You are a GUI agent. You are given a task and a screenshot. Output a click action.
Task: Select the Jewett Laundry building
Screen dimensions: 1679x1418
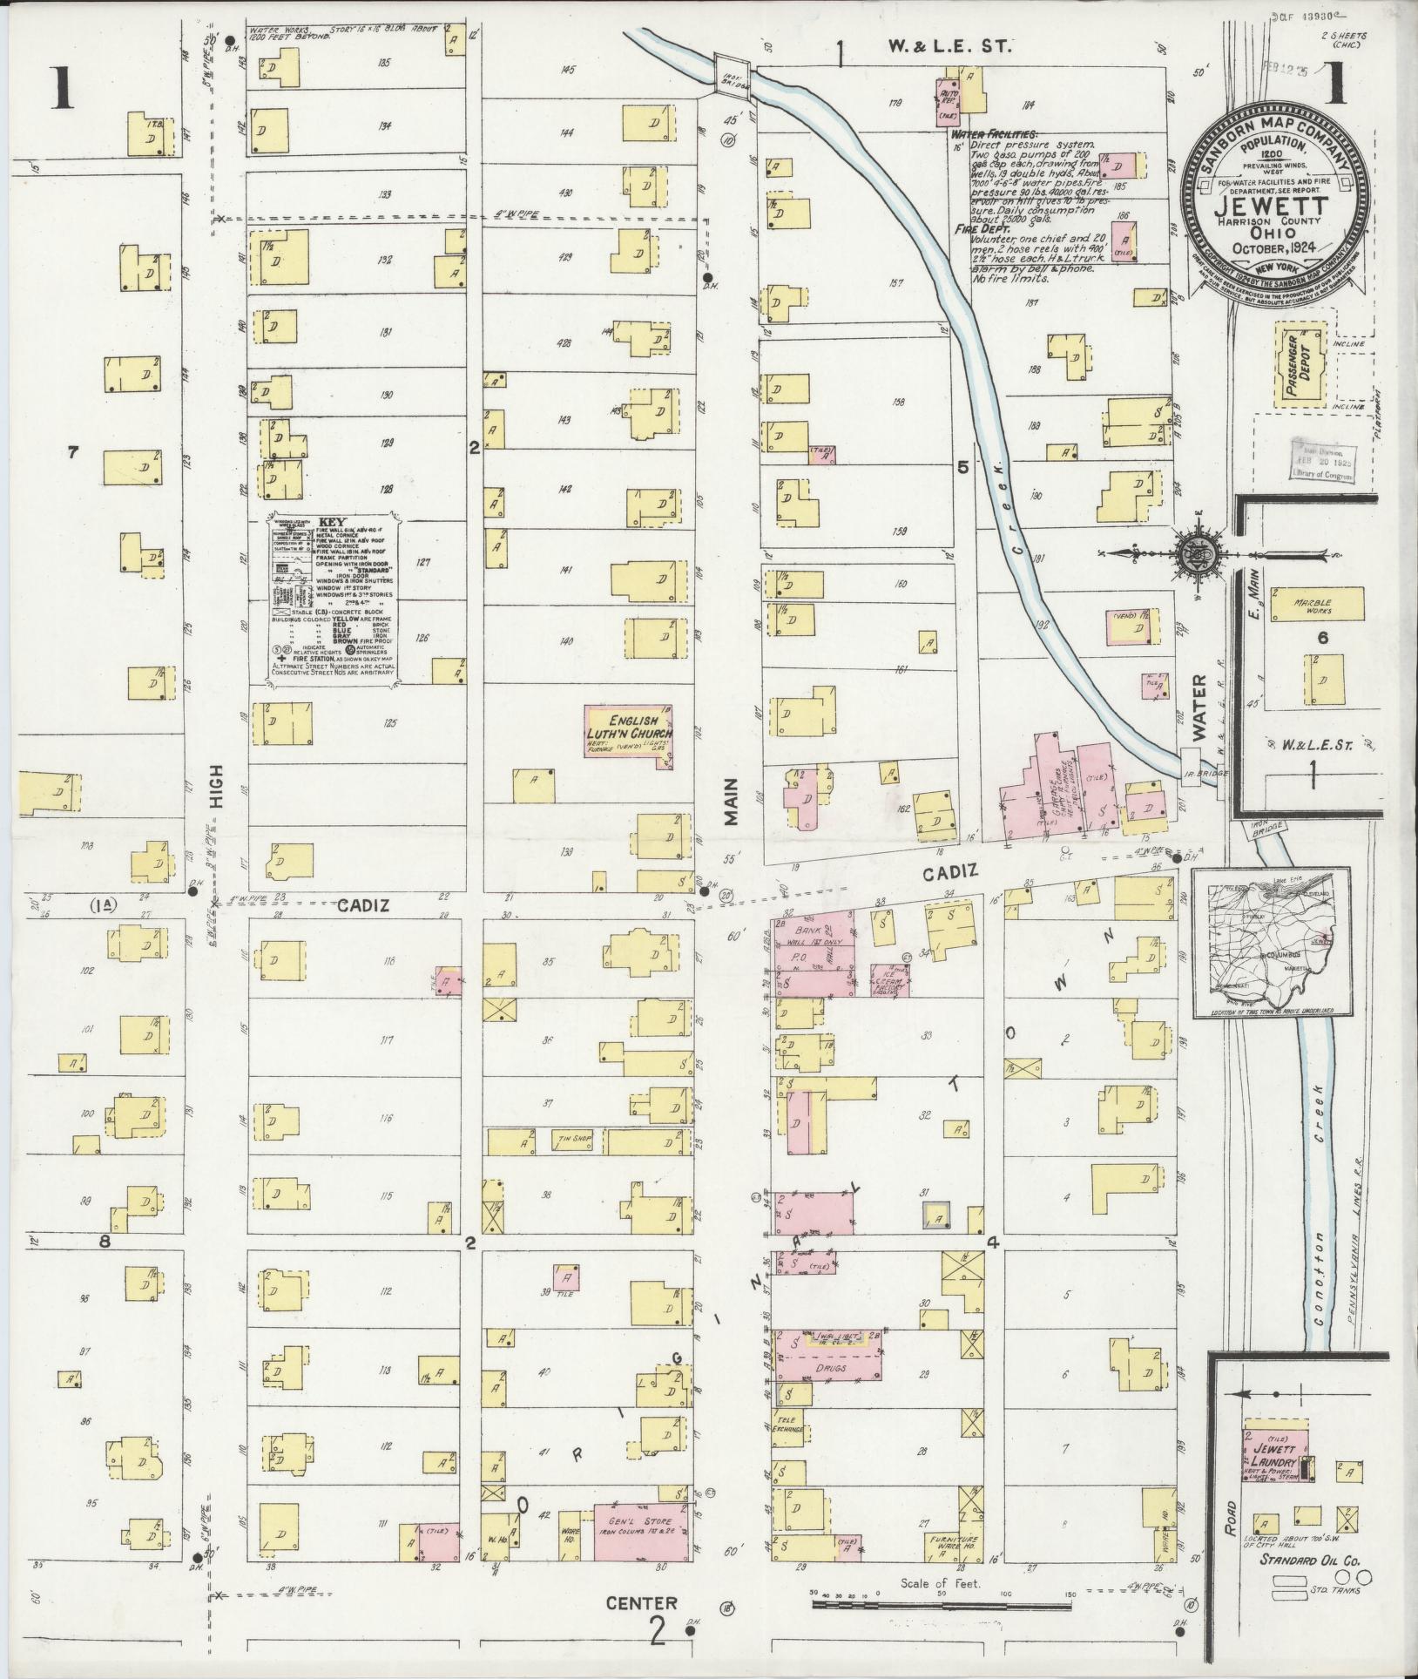(x=1277, y=1452)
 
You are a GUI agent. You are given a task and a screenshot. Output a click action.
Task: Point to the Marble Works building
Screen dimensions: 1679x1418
(x=1315, y=605)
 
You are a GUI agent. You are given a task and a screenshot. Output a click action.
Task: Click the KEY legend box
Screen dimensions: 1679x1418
(x=331, y=597)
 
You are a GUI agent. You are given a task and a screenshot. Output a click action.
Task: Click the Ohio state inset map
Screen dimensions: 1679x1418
(x=1271, y=941)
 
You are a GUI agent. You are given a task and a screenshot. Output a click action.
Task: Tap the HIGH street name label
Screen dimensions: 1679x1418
(x=217, y=787)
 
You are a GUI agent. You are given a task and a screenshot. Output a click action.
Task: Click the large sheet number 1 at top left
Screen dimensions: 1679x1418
(x=60, y=91)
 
